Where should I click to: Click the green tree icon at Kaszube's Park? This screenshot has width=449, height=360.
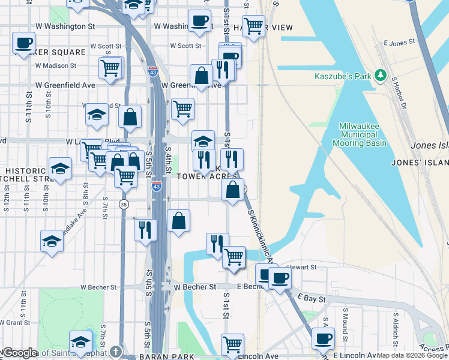pos(380,76)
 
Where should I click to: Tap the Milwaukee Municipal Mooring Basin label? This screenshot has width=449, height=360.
pos(363,135)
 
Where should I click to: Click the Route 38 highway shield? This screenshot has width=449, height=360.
pos(124,204)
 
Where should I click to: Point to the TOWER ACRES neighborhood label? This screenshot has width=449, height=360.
pos(205,176)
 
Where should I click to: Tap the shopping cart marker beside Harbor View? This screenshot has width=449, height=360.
pos(254,26)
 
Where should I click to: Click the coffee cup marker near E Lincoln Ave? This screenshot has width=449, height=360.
pos(324,338)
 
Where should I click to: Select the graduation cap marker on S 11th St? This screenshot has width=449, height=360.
pos(52,241)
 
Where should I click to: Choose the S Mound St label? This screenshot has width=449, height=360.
pos(345,322)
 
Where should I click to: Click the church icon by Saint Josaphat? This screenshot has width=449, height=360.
pos(116,352)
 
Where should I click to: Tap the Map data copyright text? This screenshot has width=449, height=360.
pos(412,355)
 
